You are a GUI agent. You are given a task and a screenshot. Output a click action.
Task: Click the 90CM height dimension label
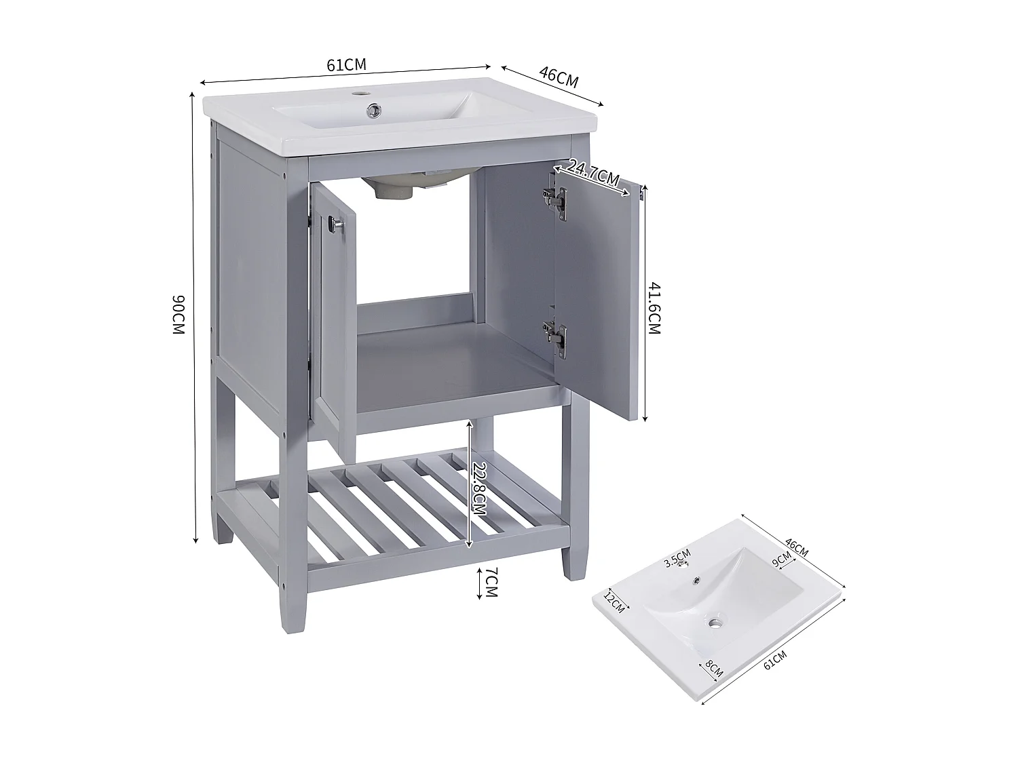point(178,315)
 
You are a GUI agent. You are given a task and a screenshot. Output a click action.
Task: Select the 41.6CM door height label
point(654,308)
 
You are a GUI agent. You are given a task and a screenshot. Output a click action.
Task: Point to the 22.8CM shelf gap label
point(480,492)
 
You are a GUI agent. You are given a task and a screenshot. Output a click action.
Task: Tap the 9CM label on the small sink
point(782,560)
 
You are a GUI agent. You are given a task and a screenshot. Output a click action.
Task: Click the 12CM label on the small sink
point(613,600)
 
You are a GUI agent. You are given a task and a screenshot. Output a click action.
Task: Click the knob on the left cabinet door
point(334,225)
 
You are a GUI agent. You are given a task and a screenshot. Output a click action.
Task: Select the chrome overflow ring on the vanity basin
point(372,109)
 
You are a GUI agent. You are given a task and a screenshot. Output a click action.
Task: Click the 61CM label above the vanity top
point(346,65)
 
